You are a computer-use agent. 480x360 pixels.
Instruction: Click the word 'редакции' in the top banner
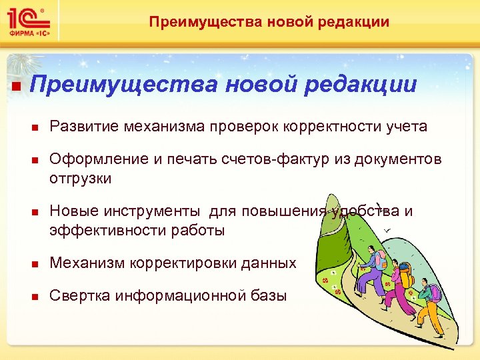pyautogui.click(x=357, y=22)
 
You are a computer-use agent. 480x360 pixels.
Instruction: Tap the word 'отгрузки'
pyautogui.click(x=81, y=179)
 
